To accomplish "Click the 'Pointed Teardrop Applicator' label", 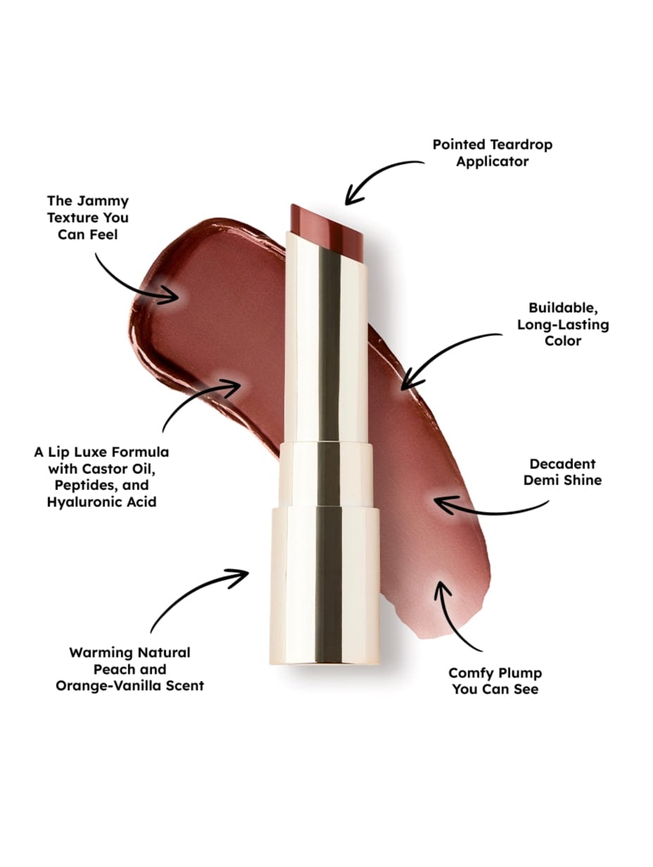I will point(492,153).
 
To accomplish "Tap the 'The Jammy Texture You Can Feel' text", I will point(88,218).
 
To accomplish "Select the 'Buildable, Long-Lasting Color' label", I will point(562,324).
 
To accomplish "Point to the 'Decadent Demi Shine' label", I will point(565,472).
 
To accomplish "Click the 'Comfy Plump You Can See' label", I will point(495,681).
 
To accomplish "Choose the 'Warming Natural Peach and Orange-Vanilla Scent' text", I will point(129,669).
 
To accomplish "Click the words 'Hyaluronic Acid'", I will point(102,502).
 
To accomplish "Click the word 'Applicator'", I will point(492,161).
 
